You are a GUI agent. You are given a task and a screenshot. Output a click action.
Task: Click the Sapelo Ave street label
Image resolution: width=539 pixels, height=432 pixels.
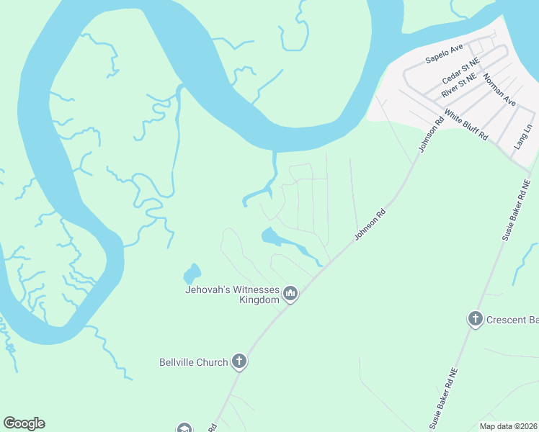point(444,54)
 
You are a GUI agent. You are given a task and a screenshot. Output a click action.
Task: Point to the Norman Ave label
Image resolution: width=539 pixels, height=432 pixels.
point(499,90)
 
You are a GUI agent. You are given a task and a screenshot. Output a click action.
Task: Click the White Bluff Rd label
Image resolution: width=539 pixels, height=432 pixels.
point(466,125)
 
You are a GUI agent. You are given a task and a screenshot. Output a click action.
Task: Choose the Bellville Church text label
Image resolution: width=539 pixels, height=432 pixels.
point(193,362)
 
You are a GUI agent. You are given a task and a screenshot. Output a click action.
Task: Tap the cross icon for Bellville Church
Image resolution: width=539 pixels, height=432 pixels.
point(239,362)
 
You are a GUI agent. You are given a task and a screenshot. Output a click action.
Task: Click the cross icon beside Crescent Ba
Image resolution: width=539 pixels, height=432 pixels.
point(475,320)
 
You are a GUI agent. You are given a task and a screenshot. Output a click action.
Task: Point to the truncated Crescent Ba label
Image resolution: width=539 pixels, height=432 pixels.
point(512,320)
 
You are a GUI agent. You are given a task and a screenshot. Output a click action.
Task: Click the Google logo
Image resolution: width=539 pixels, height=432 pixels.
point(24,423)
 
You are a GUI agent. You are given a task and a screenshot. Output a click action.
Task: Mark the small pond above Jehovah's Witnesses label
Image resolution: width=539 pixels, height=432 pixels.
point(192,274)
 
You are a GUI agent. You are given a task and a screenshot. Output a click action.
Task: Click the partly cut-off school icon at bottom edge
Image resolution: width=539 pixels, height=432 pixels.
point(184,428)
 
